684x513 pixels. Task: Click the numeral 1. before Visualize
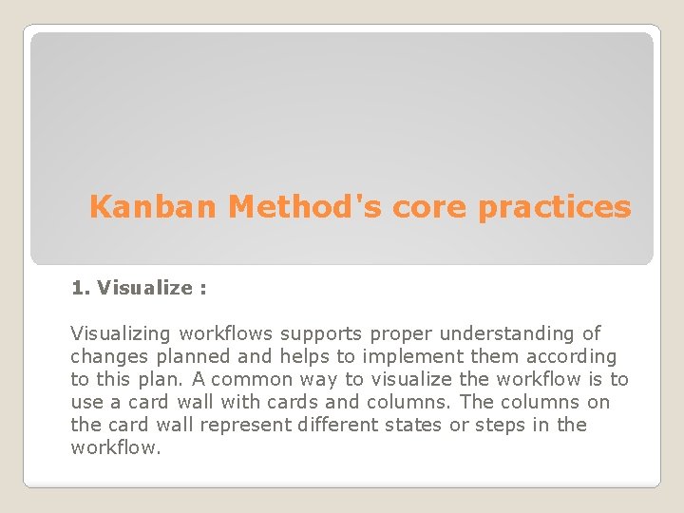[x=81, y=288]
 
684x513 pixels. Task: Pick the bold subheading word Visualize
[x=144, y=288]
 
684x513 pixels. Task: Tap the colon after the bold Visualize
[x=202, y=288]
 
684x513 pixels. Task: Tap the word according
[x=571, y=356]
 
